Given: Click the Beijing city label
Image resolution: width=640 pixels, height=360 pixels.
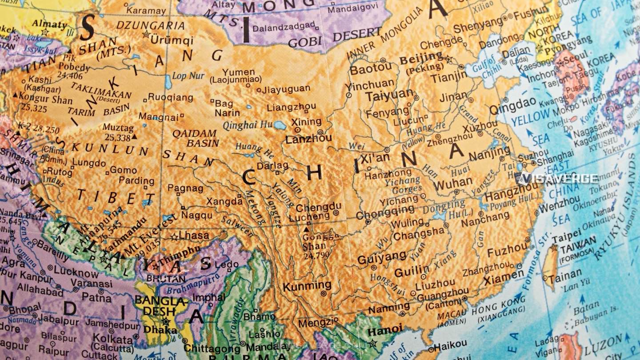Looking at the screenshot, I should (x=420, y=58).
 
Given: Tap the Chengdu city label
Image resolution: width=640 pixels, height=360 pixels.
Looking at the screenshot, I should (x=318, y=207).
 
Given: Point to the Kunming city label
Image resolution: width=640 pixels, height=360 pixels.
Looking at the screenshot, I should (x=307, y=286).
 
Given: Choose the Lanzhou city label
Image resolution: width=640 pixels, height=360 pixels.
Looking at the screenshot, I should (x=308, y=139).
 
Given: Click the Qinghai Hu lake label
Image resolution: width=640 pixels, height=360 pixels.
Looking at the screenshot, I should (x=247, y=125).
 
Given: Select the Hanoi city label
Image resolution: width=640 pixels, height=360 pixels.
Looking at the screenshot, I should (x=385, y=330).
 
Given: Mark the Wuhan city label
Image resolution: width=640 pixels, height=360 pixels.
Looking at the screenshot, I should (x=453, y=183).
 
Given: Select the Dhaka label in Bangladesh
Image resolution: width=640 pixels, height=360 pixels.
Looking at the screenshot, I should (x=156, y=329).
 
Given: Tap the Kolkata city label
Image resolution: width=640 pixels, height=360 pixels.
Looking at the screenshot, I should (x=107, y=338).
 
